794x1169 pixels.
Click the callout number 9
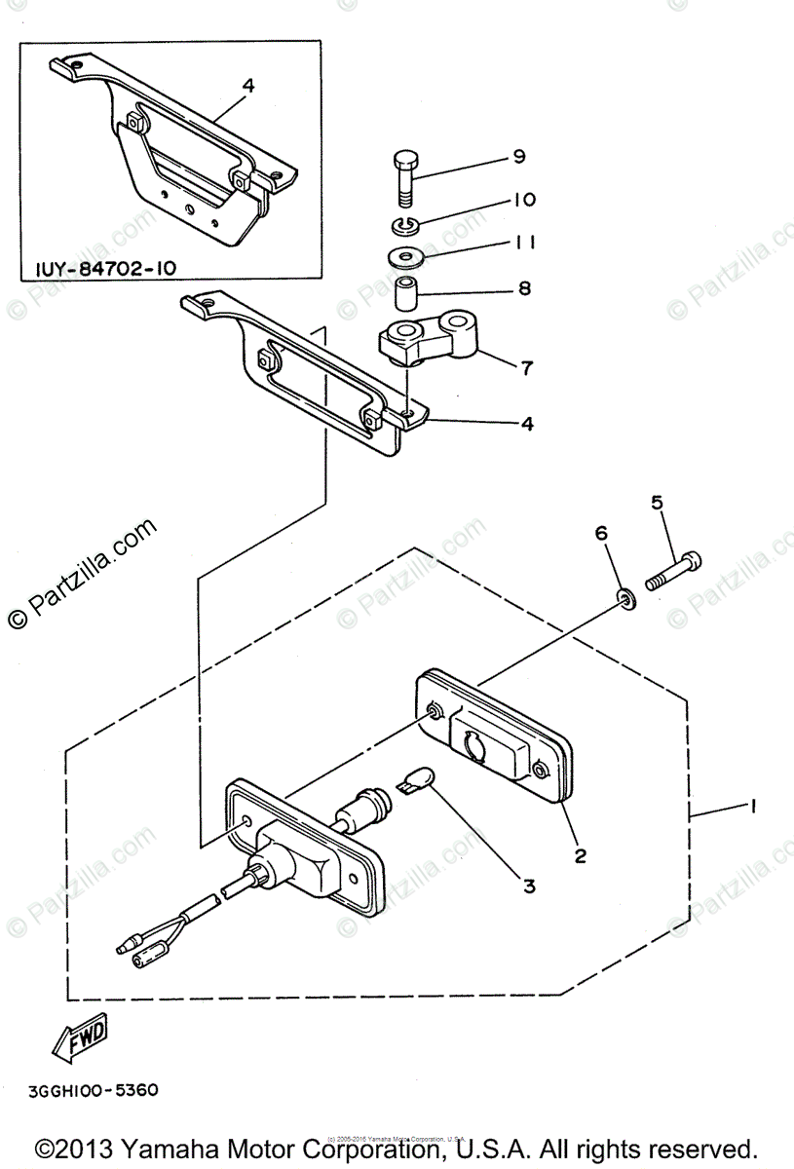point(518,156)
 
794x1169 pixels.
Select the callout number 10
point(523,200)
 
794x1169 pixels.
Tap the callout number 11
point(523,242)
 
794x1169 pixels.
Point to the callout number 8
point(524,288)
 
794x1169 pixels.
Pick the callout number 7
point(526,367)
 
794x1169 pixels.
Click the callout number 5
point(657,503)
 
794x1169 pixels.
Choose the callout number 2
point(580,855)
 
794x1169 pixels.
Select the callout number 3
point(529,886)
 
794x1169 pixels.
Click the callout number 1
point(751,807)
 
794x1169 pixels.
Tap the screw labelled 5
point(673,570)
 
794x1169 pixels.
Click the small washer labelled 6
point(624,597)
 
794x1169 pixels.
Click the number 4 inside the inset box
point(248,86)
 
